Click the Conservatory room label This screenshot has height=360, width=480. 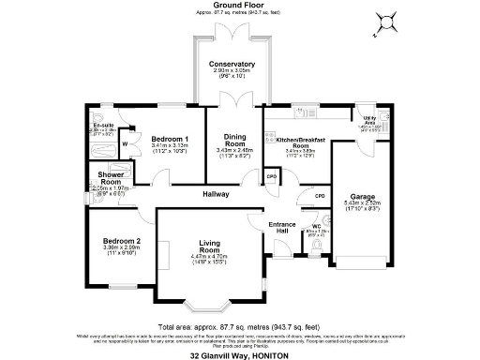tap(232, 64)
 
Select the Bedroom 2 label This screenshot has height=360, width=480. tap(122, 241)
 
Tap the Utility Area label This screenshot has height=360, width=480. tap(370, 121)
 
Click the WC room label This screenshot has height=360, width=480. tap(316, 226)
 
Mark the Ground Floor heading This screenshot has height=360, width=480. tap(240, 8)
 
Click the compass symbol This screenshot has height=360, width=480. tap(382, 22)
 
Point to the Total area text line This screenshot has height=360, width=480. tap(240, 321)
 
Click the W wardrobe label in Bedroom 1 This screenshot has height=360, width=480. tap(124, 143)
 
